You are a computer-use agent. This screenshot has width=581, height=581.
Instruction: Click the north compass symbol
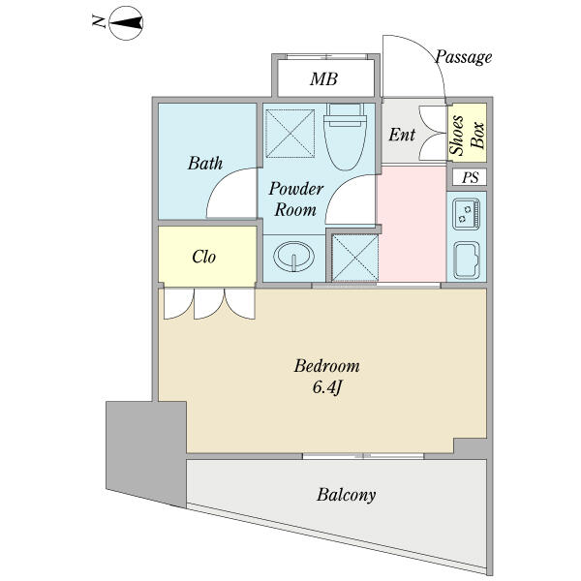pyautogui.click(x=126, y=23)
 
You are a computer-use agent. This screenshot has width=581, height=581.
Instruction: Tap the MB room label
pyautogui.click(x=323, y=79)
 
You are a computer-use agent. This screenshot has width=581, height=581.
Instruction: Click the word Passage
pyautogui.click(x=464, y=57)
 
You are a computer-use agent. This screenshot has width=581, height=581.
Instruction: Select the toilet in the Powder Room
pyautogui.click(x=345, y=137)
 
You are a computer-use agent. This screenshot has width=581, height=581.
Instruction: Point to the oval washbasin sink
pyautogui.click(x=293, y=257)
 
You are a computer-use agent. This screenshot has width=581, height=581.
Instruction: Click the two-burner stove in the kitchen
pyautogui.click(x=467, y=214)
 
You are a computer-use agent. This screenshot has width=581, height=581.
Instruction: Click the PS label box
pyautogui.click(x=470, y=177)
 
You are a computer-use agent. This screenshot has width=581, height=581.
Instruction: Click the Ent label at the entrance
pyautogui.click(x=402, y=135)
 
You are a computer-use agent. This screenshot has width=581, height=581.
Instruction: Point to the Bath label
pyautogui.click(x=205, y=163)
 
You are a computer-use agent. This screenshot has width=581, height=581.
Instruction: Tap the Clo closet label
pyautogui.click(x=203, y=257)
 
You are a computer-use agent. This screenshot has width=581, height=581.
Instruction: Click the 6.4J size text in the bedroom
pyautogui.click(x=326, y=387)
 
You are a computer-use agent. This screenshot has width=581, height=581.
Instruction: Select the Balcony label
pyautogui.click(x=346, y=495)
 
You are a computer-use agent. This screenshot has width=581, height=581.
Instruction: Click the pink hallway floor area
pyautogui.click(x=412, y=224)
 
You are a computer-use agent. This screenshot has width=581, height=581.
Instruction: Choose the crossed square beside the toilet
pyautogui.click(x=290, y=134)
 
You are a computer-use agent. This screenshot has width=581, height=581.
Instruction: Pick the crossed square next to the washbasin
pyautogui.click(x=354, y=258)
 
